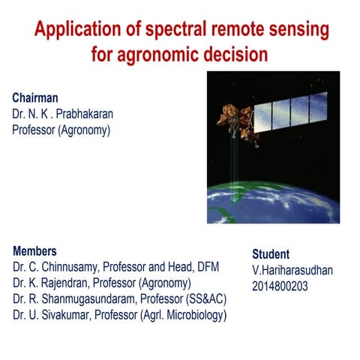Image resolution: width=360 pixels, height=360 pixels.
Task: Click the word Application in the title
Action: (x=73, y=31)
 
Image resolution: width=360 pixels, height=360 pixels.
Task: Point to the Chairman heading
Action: (x=35, y=98)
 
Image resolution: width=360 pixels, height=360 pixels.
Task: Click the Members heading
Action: (x=34, y=251)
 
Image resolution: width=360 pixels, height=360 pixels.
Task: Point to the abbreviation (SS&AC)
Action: (x=205, y=299)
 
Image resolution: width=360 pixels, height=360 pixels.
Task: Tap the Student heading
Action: (x=271, y=253)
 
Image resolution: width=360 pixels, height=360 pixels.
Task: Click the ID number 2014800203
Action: (x=280, y=286)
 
